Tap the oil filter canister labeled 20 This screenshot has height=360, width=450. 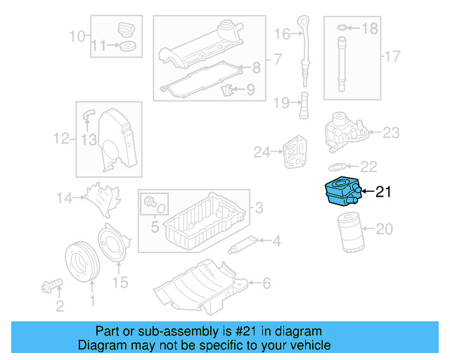(x=349, y=232)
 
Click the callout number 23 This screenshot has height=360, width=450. (x=391, y=131)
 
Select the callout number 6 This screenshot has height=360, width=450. (x=266, y=283)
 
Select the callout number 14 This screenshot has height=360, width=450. (x=65, y=198)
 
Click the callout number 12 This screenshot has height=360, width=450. (x=61, y=139)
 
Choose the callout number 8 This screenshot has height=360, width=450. (x=256, y=68)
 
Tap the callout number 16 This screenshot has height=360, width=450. (x=282, y=34)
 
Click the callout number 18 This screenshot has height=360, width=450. (x=369, y=28)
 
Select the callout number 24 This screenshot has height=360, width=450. (x=262, y=151)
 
